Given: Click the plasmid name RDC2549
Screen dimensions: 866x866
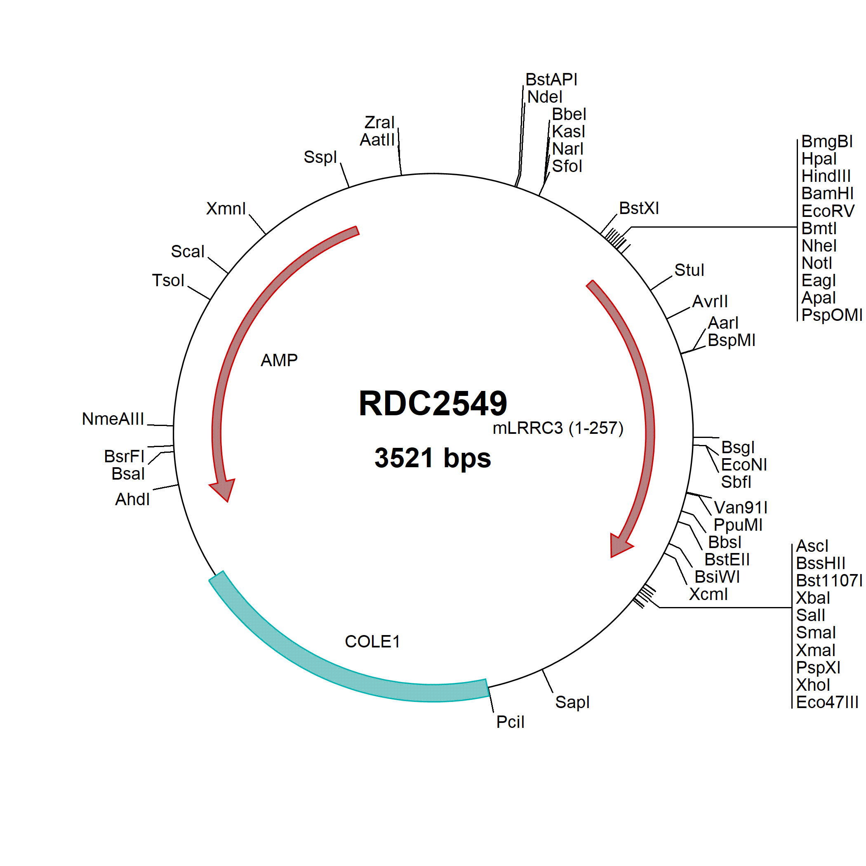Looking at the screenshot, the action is click(x=433, y=403).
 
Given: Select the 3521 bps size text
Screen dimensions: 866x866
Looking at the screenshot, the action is click(x=433, y=458).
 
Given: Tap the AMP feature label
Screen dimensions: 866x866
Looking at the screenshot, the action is click(x=279, y=360).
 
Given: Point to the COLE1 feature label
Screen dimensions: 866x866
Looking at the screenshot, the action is click(x=372, y=641).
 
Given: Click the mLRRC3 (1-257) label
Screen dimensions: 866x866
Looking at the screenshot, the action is click(x=558, y=428).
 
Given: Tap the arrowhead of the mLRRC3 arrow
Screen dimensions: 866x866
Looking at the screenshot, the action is click(x=620, y=546).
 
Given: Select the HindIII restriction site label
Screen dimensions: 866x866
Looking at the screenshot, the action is click(x=826, y=176).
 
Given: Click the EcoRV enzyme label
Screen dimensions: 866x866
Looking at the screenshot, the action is click(x=828, y=211).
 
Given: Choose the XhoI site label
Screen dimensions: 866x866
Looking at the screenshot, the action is click(x=813, y=685).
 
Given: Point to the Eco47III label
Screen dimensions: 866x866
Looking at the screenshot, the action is click(x=827, y=702).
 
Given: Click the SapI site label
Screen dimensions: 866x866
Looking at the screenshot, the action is click(x=572, y=702).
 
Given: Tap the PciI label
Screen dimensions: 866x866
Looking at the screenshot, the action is click(x=510, y=722).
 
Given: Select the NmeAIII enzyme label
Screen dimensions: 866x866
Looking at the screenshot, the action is click(x=113, y=419).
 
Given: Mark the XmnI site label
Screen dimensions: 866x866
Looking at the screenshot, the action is click(x=226, y=208).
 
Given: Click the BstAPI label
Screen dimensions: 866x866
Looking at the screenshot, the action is click(x=551, y=79).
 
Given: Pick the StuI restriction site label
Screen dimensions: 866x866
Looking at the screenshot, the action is click(x=690, y=270).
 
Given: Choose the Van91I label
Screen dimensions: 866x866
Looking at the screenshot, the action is click(x=741, y=507).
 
